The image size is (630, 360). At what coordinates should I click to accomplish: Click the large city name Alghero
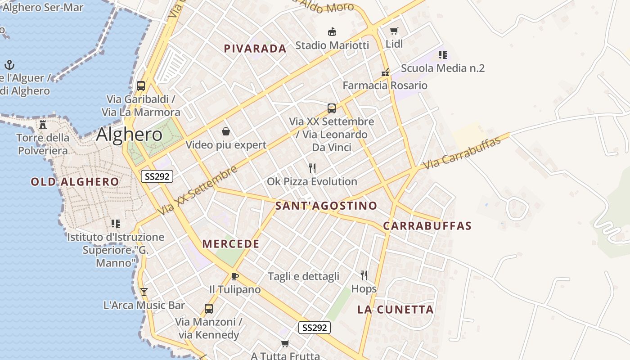click(129, 134)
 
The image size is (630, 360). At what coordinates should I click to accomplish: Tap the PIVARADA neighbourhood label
click(255, 49)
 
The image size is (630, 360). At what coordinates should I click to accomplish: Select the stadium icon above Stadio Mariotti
click(332, 31)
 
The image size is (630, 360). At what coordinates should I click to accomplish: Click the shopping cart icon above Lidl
click(394, 31)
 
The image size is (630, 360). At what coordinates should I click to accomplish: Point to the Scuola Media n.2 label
click(443, 68)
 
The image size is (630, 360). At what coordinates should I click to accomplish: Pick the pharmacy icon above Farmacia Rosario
click(385, 72)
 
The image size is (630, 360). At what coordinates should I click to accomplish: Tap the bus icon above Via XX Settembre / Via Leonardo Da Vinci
click(332, 108)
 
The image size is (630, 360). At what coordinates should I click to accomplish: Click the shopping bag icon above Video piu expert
click(226, 131)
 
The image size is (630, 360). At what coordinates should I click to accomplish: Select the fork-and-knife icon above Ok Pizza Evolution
click(312, 168)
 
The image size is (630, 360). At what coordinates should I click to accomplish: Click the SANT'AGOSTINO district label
click(326, 206)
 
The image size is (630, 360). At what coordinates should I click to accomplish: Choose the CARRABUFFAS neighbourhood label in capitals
click(427, 226)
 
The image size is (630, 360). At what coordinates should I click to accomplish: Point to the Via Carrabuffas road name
click(462, 153)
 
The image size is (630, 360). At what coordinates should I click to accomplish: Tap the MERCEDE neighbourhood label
click(231, 244)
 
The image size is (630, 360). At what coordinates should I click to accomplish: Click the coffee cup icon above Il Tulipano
click(234, 276)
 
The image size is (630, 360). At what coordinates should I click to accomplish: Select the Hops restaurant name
click(364, 288)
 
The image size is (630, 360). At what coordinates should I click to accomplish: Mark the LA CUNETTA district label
click(396, 309)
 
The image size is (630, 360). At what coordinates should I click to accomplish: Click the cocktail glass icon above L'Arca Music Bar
click(144, 292)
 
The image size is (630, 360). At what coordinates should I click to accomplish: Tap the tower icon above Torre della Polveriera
click(43, 124)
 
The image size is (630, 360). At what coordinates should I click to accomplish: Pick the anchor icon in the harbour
click(9, 65)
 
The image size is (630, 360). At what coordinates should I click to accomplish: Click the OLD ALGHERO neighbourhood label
click(75, 182)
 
